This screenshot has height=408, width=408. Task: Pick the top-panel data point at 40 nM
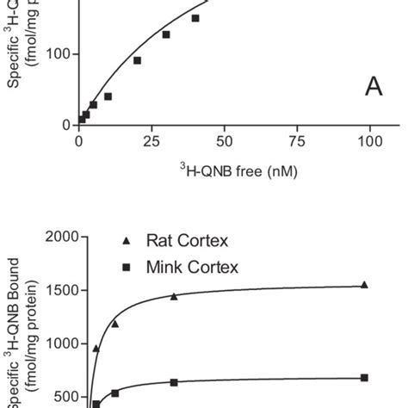point(195,18)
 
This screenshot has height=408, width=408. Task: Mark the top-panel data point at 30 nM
point(166,34)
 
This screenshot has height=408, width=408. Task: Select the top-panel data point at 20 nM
point(137,60)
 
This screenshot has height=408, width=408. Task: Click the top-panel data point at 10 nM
point(108,96)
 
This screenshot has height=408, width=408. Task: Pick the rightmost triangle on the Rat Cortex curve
point(364,284)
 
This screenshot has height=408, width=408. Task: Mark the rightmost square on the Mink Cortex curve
point(364,377)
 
